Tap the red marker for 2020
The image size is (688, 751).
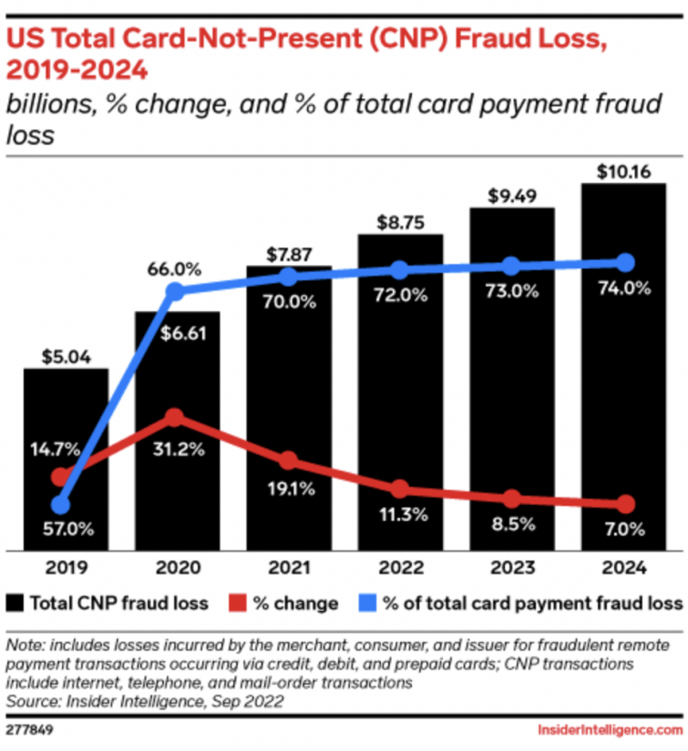tap(176, 417)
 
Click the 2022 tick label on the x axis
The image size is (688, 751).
tap(399, 568)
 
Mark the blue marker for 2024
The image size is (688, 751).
tap(624, 262)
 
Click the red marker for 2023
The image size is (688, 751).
tap(512, 499)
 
